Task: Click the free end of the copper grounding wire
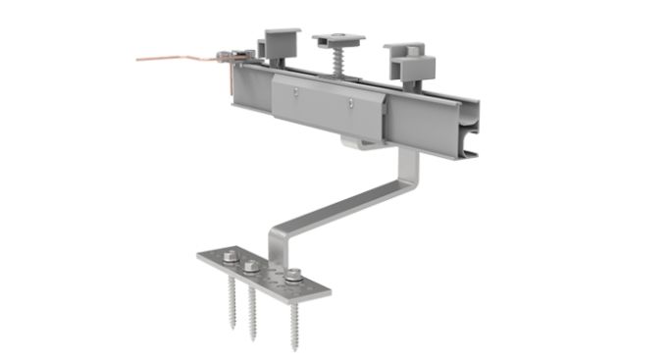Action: (x=138, y=59)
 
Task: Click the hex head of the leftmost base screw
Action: (x=229, y=258)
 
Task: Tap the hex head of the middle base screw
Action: (x=251, y=266)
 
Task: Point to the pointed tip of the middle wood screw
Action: (x=254, y=337)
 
